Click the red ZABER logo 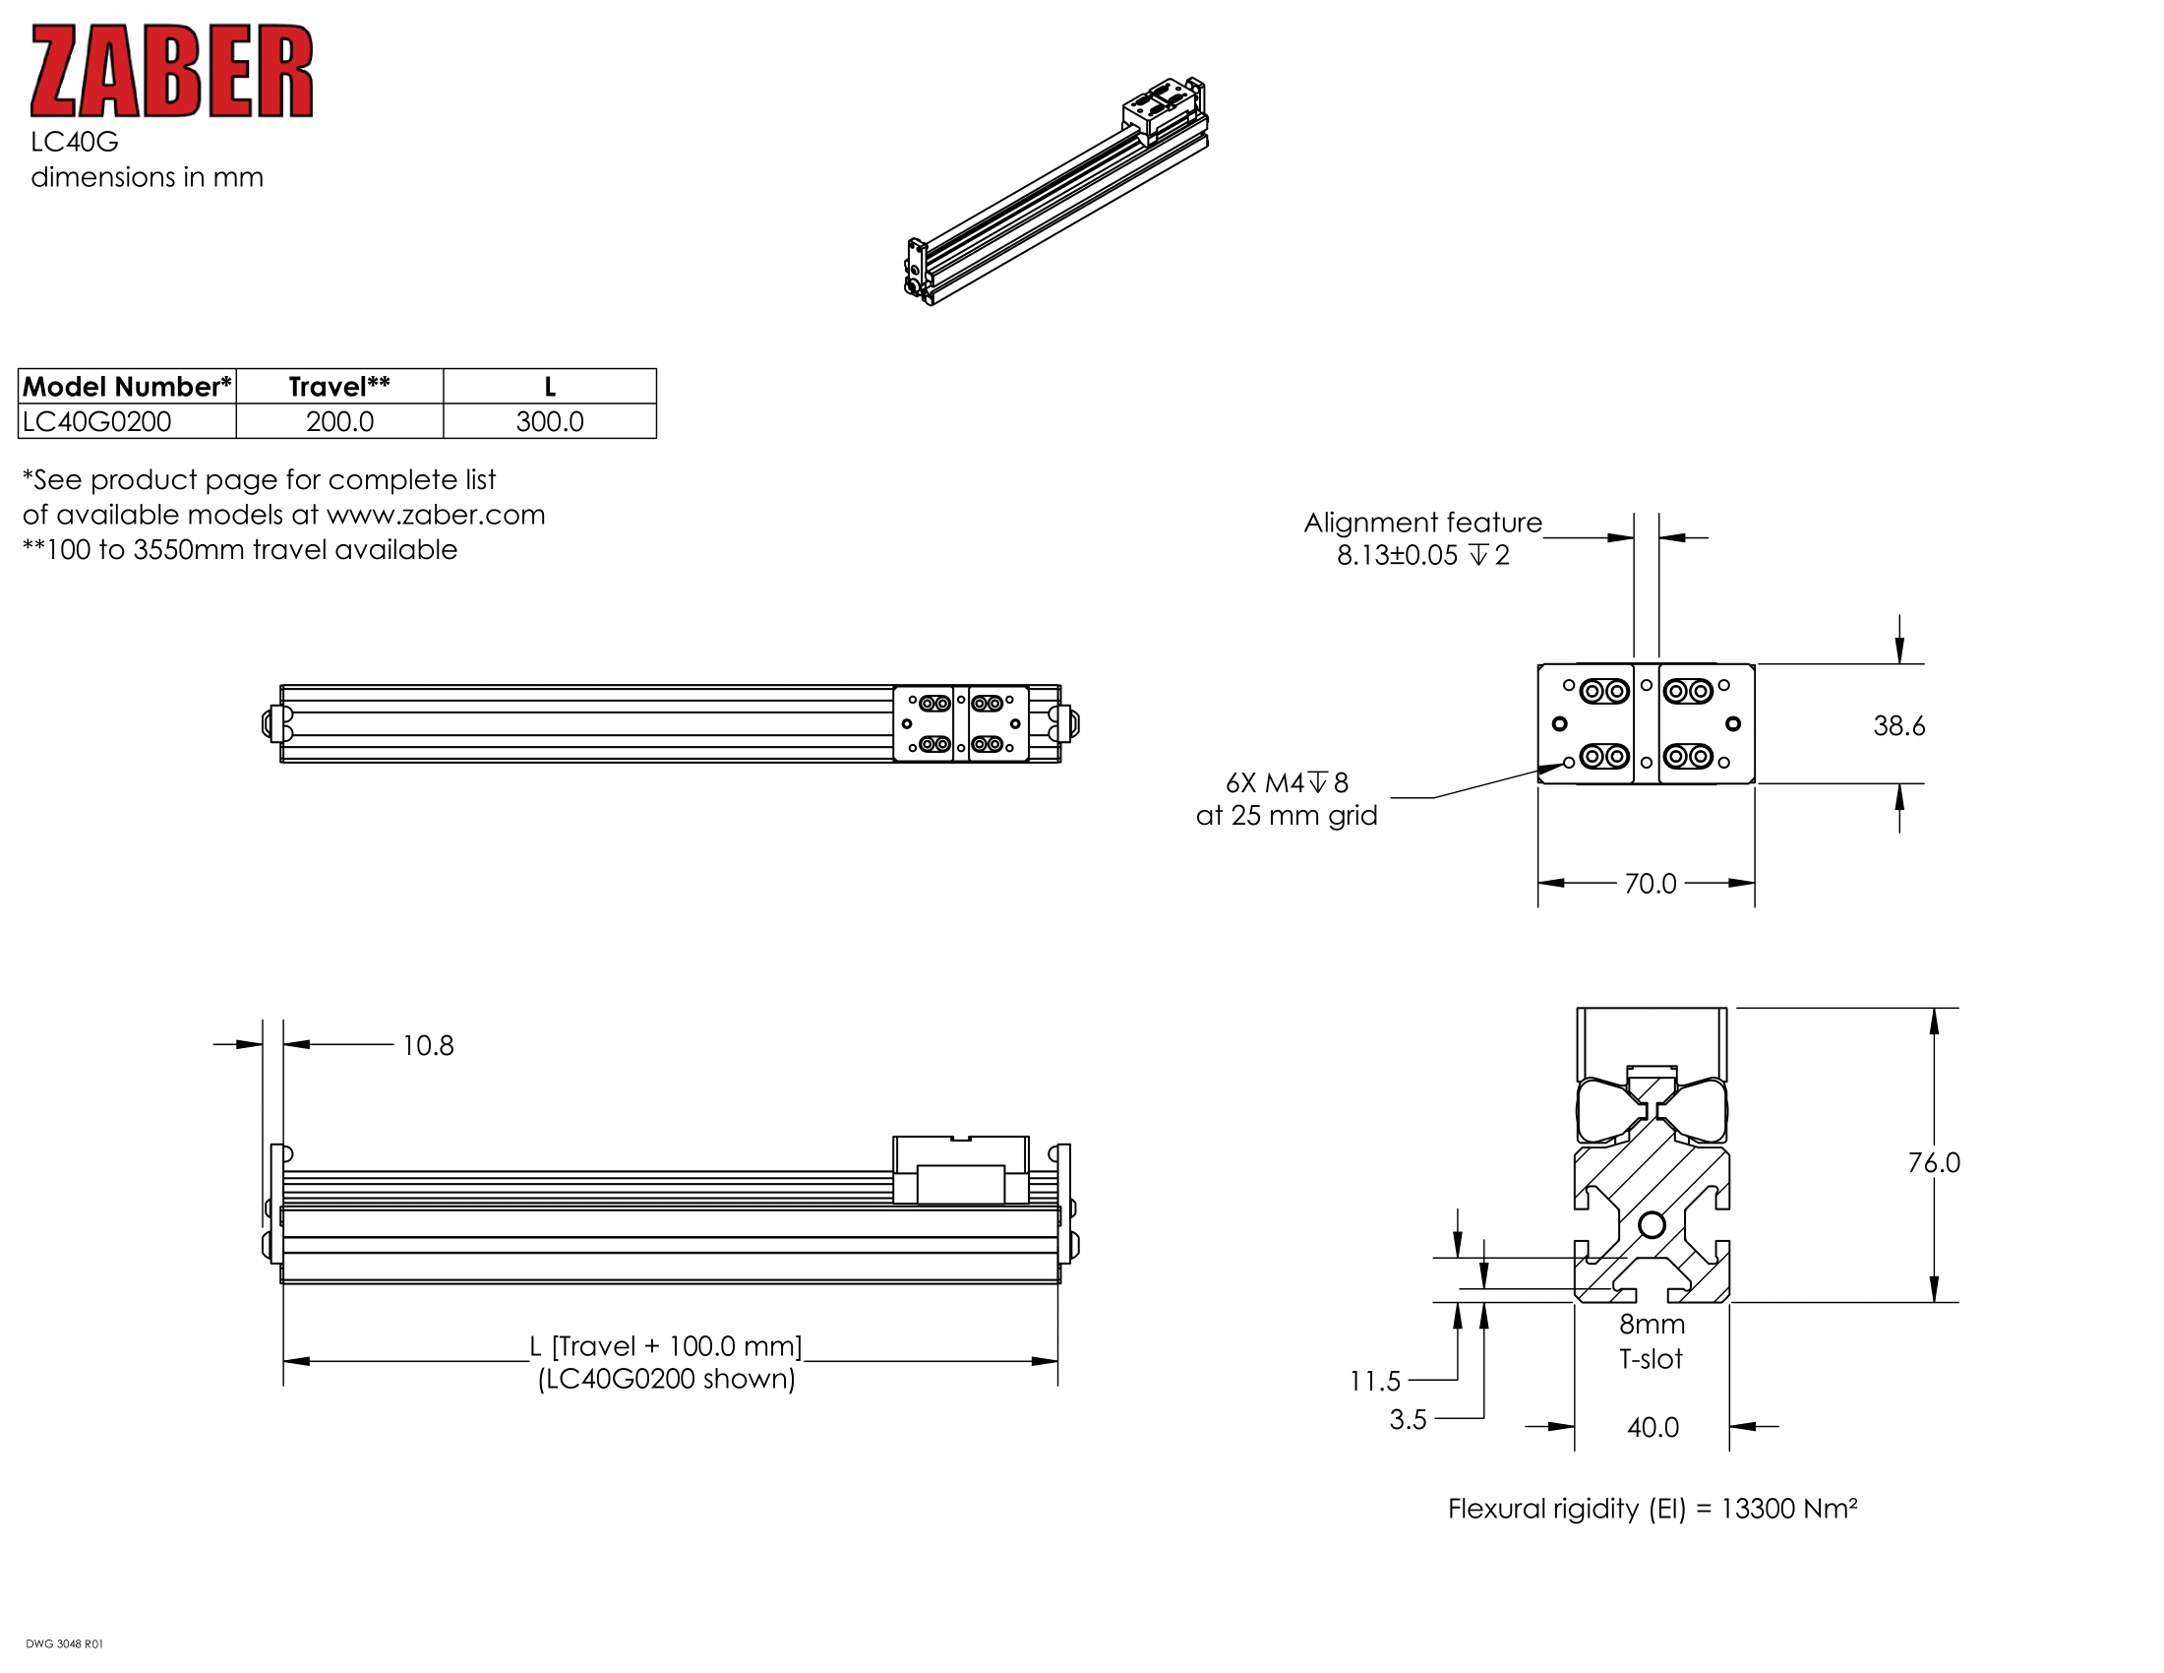(x=171, y=72)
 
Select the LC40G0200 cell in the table (x=97, y=421)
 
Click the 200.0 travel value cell (x=339, y=421)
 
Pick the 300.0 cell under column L (x=549, y=421)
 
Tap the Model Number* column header (x=127, y=387)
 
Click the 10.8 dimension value (x=427, y=1045)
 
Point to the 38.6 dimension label (x=1898, y=725)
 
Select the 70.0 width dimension (x=1650, y=883)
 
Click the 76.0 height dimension (x=1933, y=1162)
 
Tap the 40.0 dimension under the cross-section (x=1653, y=1427)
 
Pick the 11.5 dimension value (x=1374, y=1381)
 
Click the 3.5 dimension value (x=1407, y=1419)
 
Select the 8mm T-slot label (x=1651, y=1341)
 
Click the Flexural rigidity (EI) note (x=1652, y=1509)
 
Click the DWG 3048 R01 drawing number (x=64, y=1644)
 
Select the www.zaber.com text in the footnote (x=435, y=515)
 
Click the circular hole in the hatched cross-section (x=1652, y=1225)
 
